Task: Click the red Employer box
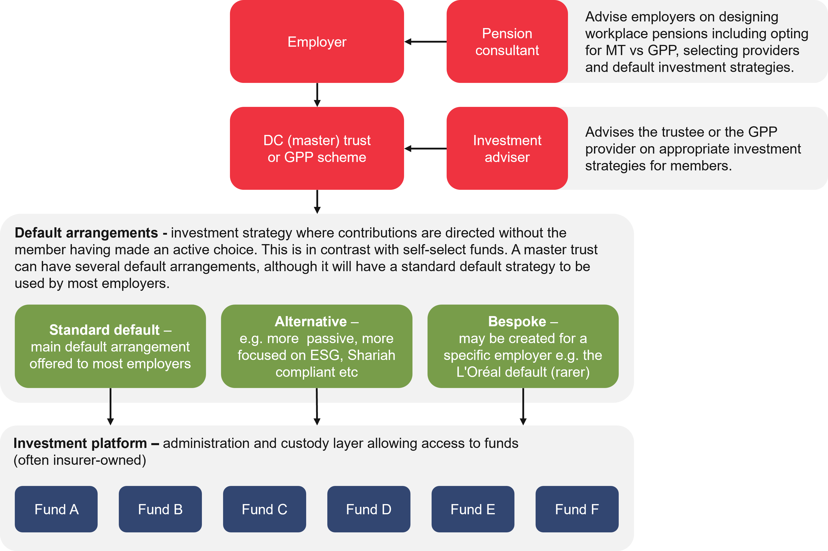317,42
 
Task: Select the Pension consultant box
507,42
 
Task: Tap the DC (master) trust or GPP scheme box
317,148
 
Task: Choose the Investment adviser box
507,148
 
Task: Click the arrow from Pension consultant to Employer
425,42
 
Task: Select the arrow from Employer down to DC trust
317,95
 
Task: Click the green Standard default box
110,346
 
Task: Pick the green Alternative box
316,346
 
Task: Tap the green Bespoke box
523,346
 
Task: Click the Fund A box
56,509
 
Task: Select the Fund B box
160,509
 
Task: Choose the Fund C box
264,509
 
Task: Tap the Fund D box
369,509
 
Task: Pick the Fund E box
473,509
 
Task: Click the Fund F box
577,509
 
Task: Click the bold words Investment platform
80,443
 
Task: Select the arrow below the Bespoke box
523,407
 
